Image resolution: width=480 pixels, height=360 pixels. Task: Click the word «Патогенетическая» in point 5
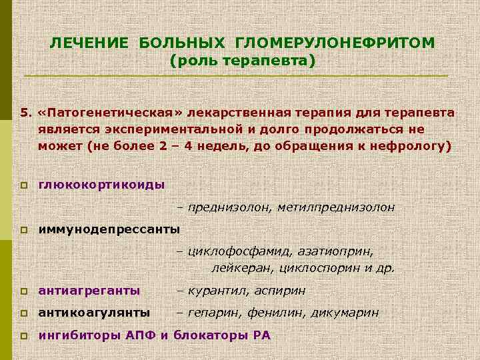tap(100, 113)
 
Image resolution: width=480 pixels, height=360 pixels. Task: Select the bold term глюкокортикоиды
tap(102, 184)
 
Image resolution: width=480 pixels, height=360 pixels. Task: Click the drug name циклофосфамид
tap(232, 252)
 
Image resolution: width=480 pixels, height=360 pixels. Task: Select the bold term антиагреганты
tap(89, 291)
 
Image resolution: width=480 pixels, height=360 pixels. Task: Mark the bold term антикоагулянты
tap(94, 312)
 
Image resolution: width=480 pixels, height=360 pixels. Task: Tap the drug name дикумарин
tap(349, 312)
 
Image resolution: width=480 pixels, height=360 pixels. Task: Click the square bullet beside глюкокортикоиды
tap(23, 185)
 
